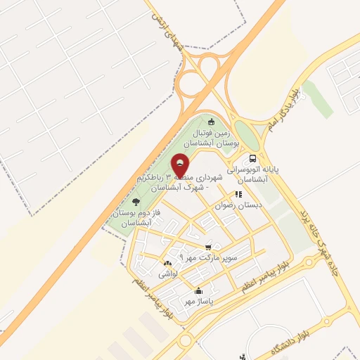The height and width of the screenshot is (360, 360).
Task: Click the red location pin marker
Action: coord(180,166)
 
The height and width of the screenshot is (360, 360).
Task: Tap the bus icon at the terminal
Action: coord(252,159)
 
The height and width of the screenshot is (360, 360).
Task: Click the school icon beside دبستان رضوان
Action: coord(238,195)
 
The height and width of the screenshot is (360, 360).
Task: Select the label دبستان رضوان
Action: coord(239,207)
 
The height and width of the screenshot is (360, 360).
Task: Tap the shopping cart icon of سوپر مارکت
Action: coord(208,247)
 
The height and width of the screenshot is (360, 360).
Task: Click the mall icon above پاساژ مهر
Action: coord(198,291)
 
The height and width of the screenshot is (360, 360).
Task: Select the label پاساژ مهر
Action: coord(199,302)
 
